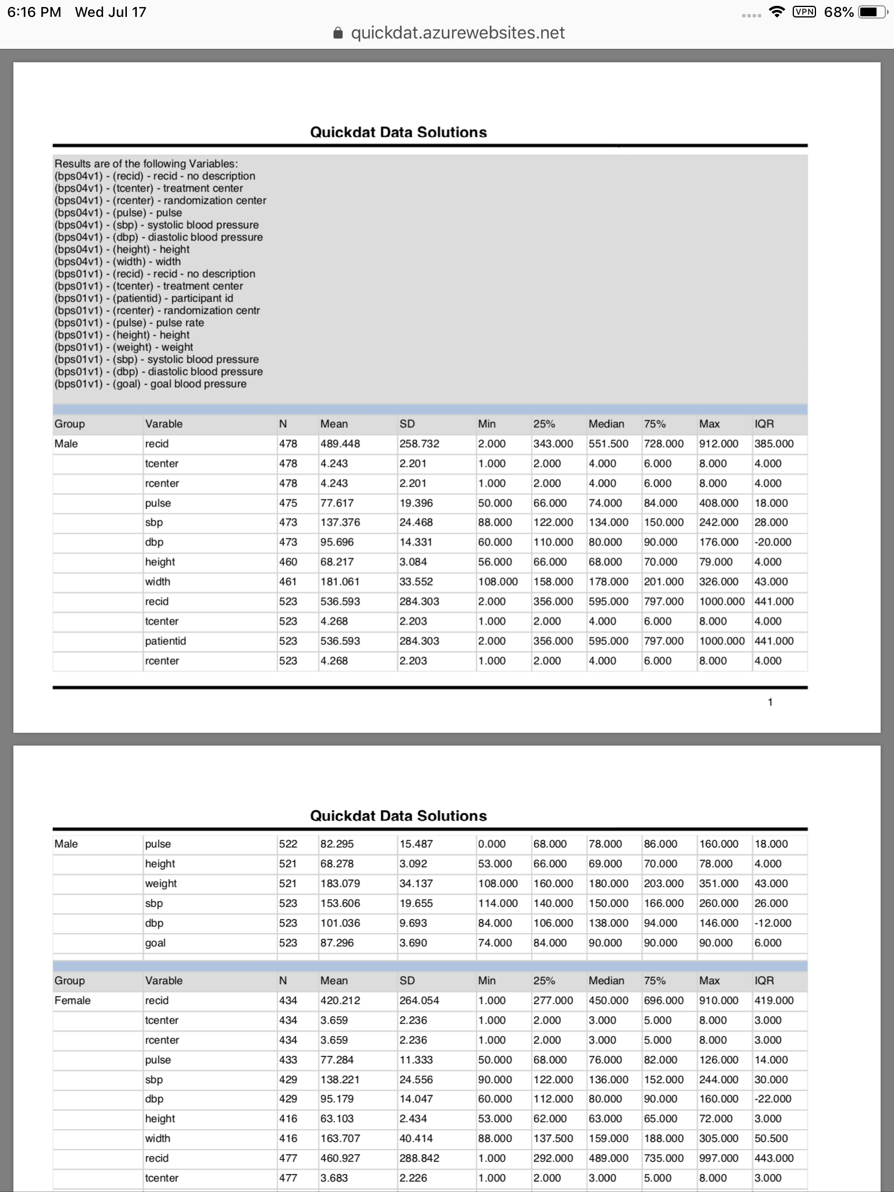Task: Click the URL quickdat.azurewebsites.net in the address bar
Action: tap(457, 33)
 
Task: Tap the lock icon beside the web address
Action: tap(338, 33)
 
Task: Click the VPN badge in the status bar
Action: tap(804, 12)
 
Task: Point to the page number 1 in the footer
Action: tap(770, 703)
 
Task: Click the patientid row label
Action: tap(165, 641)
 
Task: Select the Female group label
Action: tap(72, 1001)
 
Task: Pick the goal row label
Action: tap(155, 943)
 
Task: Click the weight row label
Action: tap(161, 884)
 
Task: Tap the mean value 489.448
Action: tap(340, 444)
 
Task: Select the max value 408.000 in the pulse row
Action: tap(718, 503)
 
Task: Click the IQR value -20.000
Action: tap(773, 542)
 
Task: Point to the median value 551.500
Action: tap(608, 444)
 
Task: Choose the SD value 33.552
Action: tap(416, 581)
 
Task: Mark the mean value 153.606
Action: tap(340, 903)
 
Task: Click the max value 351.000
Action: tap(718, 884)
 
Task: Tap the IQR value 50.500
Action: tap(771, 1138)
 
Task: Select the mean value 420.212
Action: tap(340, 1001)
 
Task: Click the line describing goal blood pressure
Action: tap(150, 384)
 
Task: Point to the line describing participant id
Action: tap(144, 299)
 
